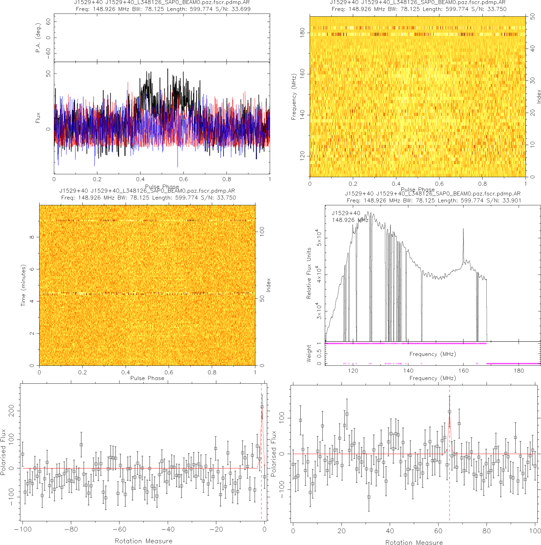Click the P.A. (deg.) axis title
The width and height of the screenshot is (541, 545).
pos(38,38)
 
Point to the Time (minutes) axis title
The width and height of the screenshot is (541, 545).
pos(23,285)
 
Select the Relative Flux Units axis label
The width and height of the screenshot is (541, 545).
pos(309,273)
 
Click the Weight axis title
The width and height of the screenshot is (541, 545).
pos(309,354)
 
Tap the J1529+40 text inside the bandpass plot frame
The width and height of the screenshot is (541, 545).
pos(346,213)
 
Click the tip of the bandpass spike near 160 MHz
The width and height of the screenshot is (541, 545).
pos(463,229)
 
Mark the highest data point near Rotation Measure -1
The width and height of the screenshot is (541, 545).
pos(262,407)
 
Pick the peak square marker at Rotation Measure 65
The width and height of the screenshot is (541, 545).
pos(450,412)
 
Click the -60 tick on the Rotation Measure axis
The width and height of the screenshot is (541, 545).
pos(120,529)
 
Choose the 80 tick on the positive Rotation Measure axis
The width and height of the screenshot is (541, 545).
pos(487,531)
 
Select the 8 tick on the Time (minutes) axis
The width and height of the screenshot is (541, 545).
pos(32,237)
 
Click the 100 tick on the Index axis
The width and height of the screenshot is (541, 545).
pos(262,231)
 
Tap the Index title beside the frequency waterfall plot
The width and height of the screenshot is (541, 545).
pos(539,96)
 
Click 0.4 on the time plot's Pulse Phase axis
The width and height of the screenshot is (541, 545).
pos(126,372)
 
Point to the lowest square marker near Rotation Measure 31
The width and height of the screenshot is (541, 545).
pos(369,497)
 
